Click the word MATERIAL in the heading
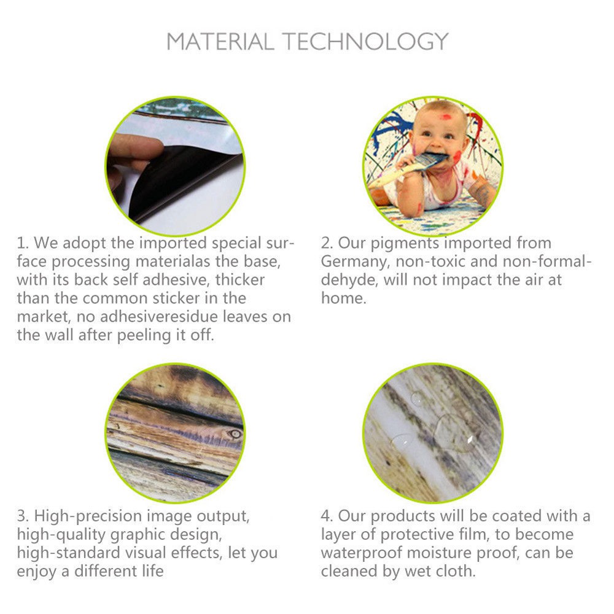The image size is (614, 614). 220,42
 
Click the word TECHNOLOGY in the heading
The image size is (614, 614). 366,42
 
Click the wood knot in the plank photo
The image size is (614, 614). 235,433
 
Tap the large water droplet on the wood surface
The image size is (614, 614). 454,433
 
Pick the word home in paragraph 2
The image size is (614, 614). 344,298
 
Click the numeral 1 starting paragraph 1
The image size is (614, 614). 21,243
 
